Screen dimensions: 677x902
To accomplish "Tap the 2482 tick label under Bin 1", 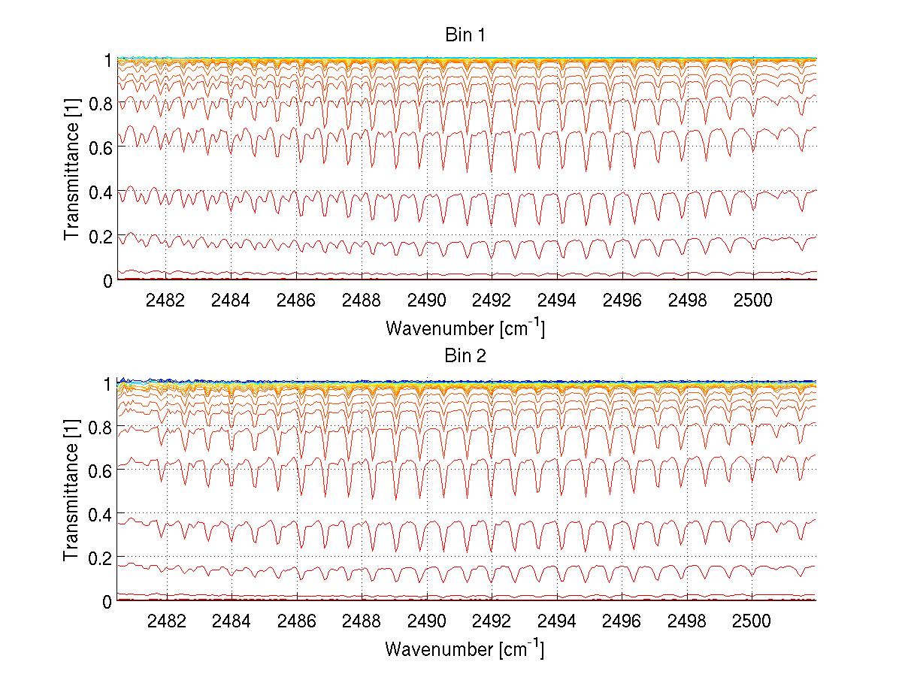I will point(165,300).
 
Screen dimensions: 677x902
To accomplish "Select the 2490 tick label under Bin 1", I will point(426,300).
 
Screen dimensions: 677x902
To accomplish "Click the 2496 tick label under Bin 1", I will point(622,300).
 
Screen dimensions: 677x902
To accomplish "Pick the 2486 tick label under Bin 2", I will point(296,621).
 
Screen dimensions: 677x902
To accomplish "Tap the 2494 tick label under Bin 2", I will point(556,621).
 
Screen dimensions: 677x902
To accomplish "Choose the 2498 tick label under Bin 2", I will point(686,621).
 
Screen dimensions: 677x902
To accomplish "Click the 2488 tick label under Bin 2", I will point(361,621).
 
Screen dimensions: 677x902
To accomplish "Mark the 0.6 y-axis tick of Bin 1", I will point(101,147).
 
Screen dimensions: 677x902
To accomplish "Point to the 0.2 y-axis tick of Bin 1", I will point(101,236).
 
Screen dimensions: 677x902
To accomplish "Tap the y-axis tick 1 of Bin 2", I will point(107,383).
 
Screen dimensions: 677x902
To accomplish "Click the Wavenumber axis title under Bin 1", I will point(465,328).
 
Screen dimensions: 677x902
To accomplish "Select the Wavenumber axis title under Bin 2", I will point(465,648).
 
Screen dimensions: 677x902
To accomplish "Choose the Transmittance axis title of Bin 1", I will point(71,169).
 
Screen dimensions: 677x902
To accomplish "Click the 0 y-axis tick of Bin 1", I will point(107,280).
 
